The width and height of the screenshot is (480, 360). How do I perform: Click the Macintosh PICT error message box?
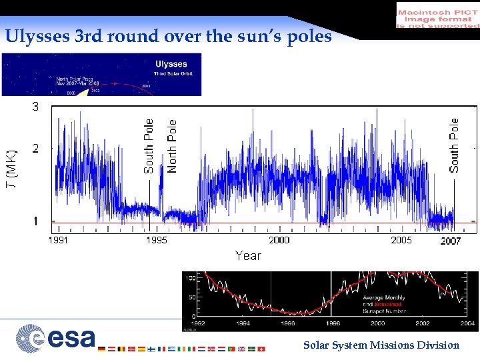tap(437, 15)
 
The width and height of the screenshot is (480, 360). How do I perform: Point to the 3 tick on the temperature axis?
tap(35, 107)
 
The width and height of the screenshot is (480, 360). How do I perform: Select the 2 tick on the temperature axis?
tap(35, 148)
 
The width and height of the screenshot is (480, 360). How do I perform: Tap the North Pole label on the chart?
tap(173, 146)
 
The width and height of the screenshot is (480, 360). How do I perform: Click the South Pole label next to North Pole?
tap(149, 146)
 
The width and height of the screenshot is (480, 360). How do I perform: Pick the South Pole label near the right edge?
tap(454, 145)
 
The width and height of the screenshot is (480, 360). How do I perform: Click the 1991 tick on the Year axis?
tap(57, 240)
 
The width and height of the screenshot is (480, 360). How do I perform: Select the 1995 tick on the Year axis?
tap(157, 240)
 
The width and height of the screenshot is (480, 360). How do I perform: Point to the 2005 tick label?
tap(401, 240)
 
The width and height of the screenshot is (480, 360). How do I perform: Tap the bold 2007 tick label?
tap(450, 241)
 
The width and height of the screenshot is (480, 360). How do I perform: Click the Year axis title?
tap(248, 255)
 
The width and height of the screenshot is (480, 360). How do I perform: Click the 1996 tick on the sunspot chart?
tap(287, 324)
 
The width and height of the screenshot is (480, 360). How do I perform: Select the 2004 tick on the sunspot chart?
tap(467, 324)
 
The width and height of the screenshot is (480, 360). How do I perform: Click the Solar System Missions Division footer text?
tap(381, 345)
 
